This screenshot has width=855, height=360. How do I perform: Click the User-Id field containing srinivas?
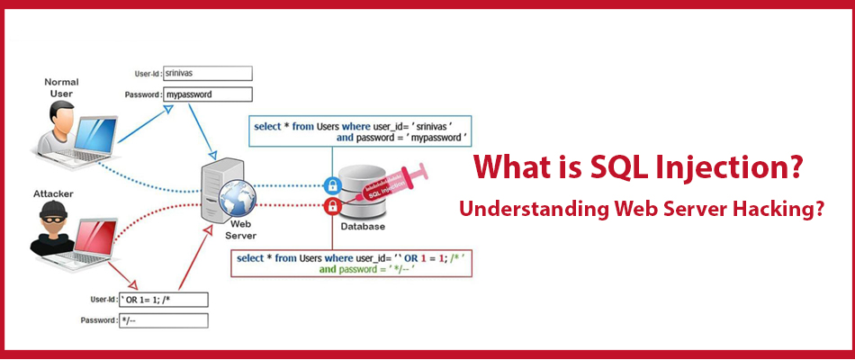[x=208, y=73]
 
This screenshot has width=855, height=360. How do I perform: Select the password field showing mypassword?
[x=208, y=94]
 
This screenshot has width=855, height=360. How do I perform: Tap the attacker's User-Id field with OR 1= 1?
[x=164, y=300]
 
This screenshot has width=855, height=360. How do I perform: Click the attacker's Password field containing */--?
[x=164, y=320]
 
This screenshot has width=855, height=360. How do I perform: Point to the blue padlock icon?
[x=332, y=185]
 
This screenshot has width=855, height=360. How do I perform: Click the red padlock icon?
[x=332, y=206]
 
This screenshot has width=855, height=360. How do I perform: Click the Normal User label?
[x=61, y=88]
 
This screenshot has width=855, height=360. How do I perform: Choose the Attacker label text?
[x=53, y=193]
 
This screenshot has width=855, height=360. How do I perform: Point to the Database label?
[x=363, y=227]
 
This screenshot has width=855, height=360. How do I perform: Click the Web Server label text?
[x=240, y=230]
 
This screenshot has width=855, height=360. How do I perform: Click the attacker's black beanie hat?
[x=53, y=210]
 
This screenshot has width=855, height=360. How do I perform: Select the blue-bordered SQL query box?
[x=360, y=130]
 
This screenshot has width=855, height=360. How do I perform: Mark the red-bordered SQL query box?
[x=351, y=263]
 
